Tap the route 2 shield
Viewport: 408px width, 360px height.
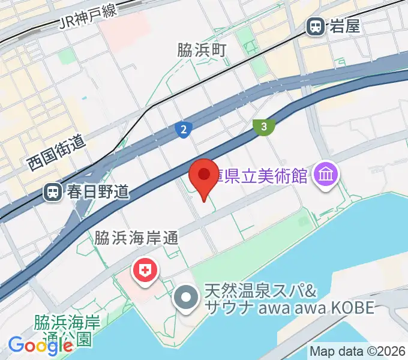pyautogui.click(x=184, y=128)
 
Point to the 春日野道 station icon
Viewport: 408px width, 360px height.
pyautogui.click(x=53, y=192)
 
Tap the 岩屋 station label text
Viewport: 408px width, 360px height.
pyautogui.click(x=344, y=26)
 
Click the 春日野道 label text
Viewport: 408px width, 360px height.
pyautogui.click(x=98, y=192)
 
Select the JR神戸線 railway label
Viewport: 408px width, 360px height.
pyautogui.click(x=91, y=16)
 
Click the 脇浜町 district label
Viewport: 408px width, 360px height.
pyautogui.click(x=202, y=50)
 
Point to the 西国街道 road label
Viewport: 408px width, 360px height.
pyautogui.click(x=58, y=153)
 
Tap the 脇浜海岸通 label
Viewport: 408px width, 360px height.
pyautogui.click(x=137, y=239)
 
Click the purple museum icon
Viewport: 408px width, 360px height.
pyautogui.click(x=328, y=175)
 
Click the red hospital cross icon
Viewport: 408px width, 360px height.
pyautogui.click(x=145, y=270)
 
